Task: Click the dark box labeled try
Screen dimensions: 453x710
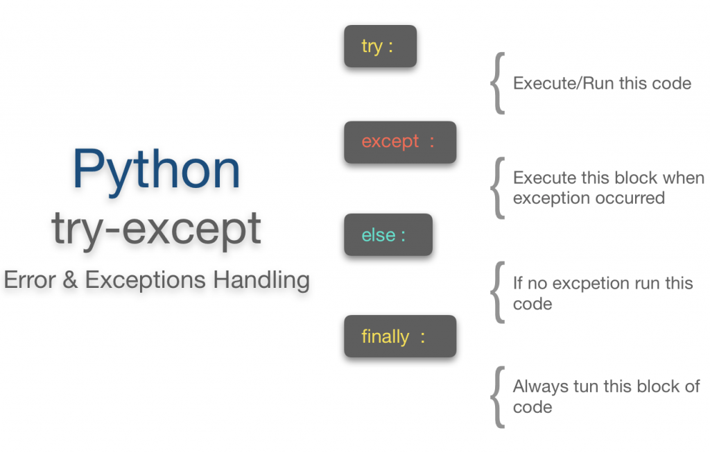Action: point(380,46)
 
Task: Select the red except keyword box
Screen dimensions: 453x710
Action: point(399,142)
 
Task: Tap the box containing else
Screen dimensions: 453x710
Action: point(388,235)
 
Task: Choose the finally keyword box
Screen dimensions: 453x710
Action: point(399,337)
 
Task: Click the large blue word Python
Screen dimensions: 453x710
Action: point(156,169)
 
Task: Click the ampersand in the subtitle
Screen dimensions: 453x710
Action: point(69,280)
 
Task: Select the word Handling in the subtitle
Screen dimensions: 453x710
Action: point(261,280)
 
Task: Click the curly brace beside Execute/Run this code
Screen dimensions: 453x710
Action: point(496,84)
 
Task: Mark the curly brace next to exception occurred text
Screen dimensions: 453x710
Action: point(496,188)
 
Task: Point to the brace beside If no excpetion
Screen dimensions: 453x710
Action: point(496,293)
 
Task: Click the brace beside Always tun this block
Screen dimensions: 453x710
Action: point(496,397)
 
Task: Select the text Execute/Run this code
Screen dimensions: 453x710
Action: point(602,84)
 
